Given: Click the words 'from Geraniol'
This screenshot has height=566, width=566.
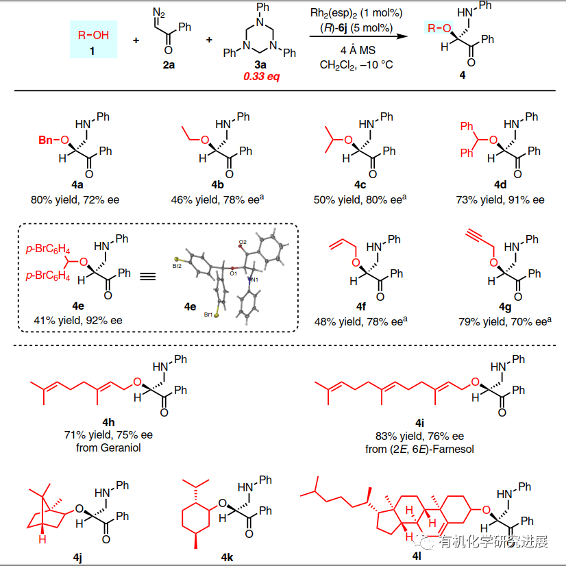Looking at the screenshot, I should (x=108, y=448).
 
